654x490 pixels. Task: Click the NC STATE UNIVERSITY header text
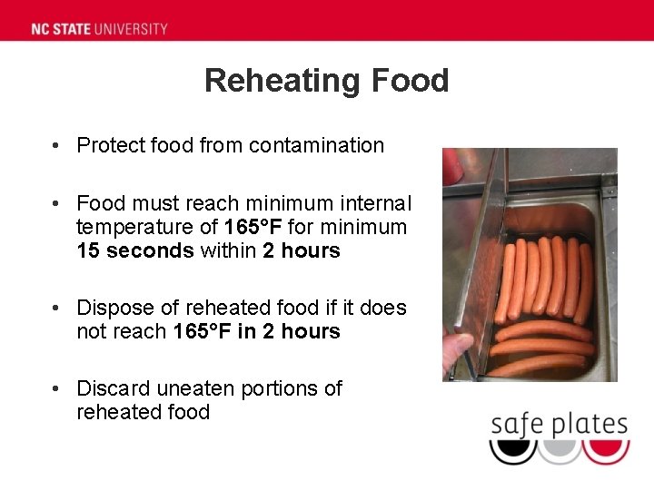tap(100, 28)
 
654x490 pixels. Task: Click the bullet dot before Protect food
tap(56, 146)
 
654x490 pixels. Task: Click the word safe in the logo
tap(519, 424)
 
